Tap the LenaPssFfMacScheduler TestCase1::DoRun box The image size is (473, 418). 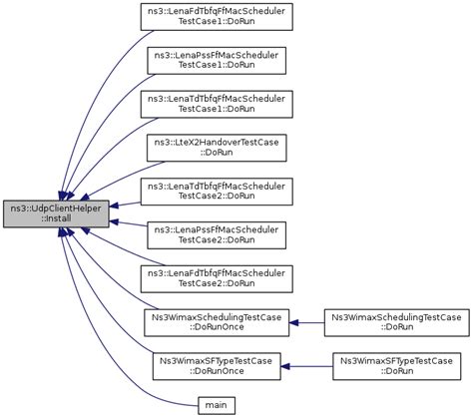[x=215, y=59]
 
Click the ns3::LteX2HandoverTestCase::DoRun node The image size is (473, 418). [x=215, y=149]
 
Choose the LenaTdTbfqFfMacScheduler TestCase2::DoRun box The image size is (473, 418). [x=215, y=192]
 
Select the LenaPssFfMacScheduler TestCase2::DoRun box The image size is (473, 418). [x=215, y=234]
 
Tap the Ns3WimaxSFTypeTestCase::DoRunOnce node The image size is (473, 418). [x=215, y=364]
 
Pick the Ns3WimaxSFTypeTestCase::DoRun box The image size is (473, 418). [x=396, y=364]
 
